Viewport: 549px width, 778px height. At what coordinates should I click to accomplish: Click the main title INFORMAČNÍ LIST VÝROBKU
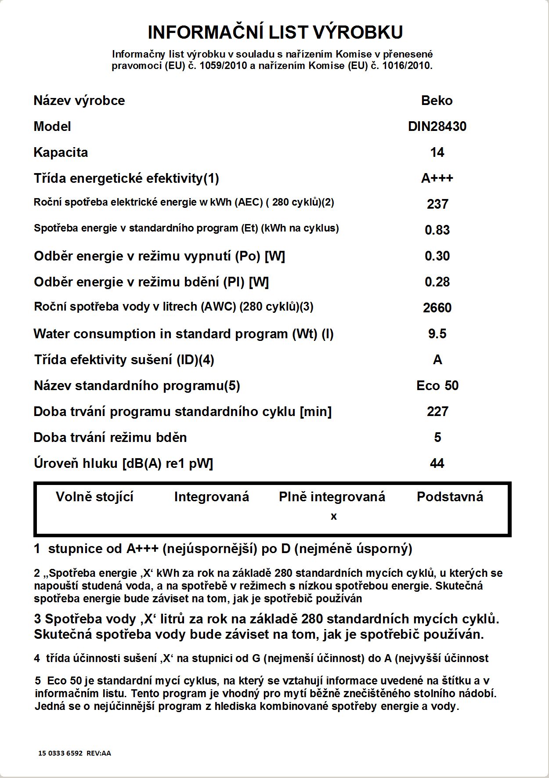click(x=275, y=33)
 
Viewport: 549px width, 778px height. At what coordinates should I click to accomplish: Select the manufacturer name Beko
click(x=437, y=101)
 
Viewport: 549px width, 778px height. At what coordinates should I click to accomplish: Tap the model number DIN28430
click(x=437, y=127)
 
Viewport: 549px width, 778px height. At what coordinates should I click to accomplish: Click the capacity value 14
click(x=437, y=152)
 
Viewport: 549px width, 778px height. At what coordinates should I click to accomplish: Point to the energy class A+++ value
click(x=437, y=178)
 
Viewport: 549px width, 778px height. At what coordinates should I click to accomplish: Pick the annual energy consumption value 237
click(x=437, y=204)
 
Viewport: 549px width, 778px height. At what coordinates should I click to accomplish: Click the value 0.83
click(x=437, y=230)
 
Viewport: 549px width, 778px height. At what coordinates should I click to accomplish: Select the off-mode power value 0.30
click(x=437, y=256)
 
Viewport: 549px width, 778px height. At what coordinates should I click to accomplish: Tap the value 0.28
click(x=437, y=282)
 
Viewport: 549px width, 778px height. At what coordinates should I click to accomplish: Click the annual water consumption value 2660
click(x=437, y=308)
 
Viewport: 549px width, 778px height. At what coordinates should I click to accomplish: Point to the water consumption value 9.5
click(x=437, y=334)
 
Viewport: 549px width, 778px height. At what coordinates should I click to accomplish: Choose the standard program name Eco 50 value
click(x=437, y=386)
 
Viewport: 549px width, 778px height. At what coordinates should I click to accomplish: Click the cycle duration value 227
click(x=437, y=412)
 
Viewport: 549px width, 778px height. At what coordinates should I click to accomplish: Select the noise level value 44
click(x=437, y=463)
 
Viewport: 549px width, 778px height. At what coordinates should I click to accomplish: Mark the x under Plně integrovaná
click(x=334, y=517)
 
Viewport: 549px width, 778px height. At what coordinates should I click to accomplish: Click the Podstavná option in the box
click(x=450, y=497)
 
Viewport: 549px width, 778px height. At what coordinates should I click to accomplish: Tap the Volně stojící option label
click(x=94, y=497)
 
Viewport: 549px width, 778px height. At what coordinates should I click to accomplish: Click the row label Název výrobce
click(x=79, y=101)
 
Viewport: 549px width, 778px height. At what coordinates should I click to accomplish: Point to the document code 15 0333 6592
click(x=61, y=753)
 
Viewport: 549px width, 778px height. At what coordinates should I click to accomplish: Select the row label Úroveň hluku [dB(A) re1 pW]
click(x=123, y=463)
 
